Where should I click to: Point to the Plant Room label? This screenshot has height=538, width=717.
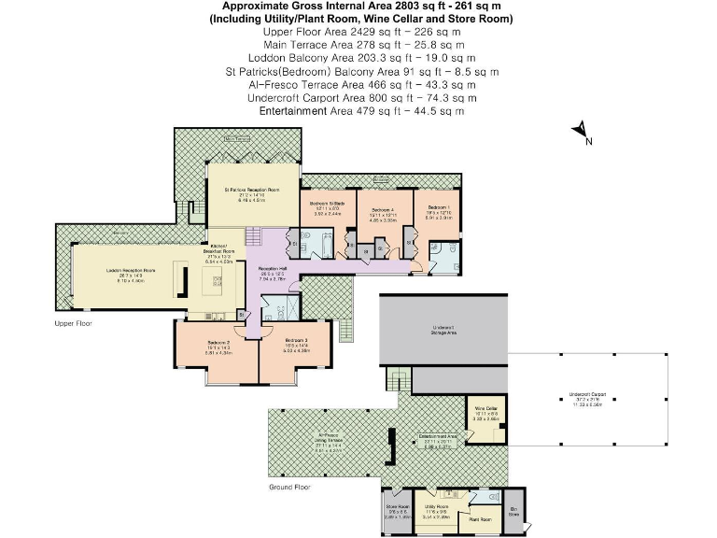point(479,518)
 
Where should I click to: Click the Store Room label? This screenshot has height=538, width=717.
point(398,509)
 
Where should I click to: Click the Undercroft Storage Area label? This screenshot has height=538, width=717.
point(443,330)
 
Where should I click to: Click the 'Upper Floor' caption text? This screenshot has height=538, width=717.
point(74,323)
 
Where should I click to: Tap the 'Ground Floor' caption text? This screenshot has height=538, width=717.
point(288,487)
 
